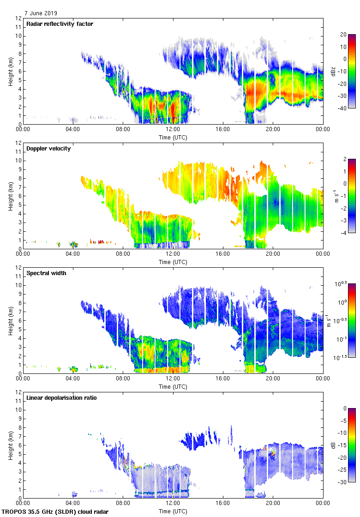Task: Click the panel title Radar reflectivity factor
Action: (x=60, y=24)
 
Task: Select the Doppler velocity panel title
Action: (x=48, y=149)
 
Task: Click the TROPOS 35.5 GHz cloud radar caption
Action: (x=55, y=512)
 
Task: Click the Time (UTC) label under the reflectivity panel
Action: (x=173, y=137)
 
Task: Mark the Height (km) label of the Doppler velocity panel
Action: (x=11, y=196)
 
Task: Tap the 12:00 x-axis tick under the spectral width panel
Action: (x=173, y=379)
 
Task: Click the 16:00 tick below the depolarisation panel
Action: (x=223, y=504)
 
